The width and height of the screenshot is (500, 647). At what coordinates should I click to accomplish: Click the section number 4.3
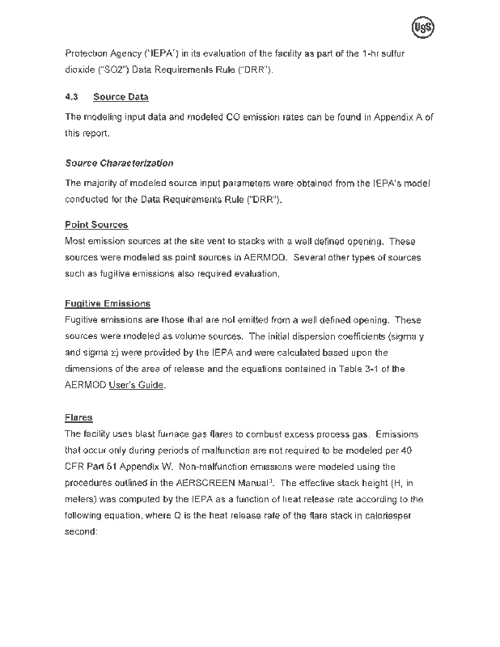pos(71,97)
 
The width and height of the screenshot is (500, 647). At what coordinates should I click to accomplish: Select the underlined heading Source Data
pos(121,97)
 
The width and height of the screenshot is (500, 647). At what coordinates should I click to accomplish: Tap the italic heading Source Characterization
pos(119,163)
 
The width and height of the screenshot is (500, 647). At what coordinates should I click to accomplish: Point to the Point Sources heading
pos(96,225)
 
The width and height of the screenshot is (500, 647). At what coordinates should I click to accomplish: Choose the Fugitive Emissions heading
pos(107,304)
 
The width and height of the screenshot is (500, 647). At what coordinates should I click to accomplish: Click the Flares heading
pos(78,417)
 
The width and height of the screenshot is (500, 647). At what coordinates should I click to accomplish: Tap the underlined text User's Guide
pos(137,385)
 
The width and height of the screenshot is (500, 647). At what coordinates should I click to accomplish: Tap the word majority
pos(101,184)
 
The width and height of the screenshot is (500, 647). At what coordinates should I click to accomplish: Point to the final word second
pos(80,532)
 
